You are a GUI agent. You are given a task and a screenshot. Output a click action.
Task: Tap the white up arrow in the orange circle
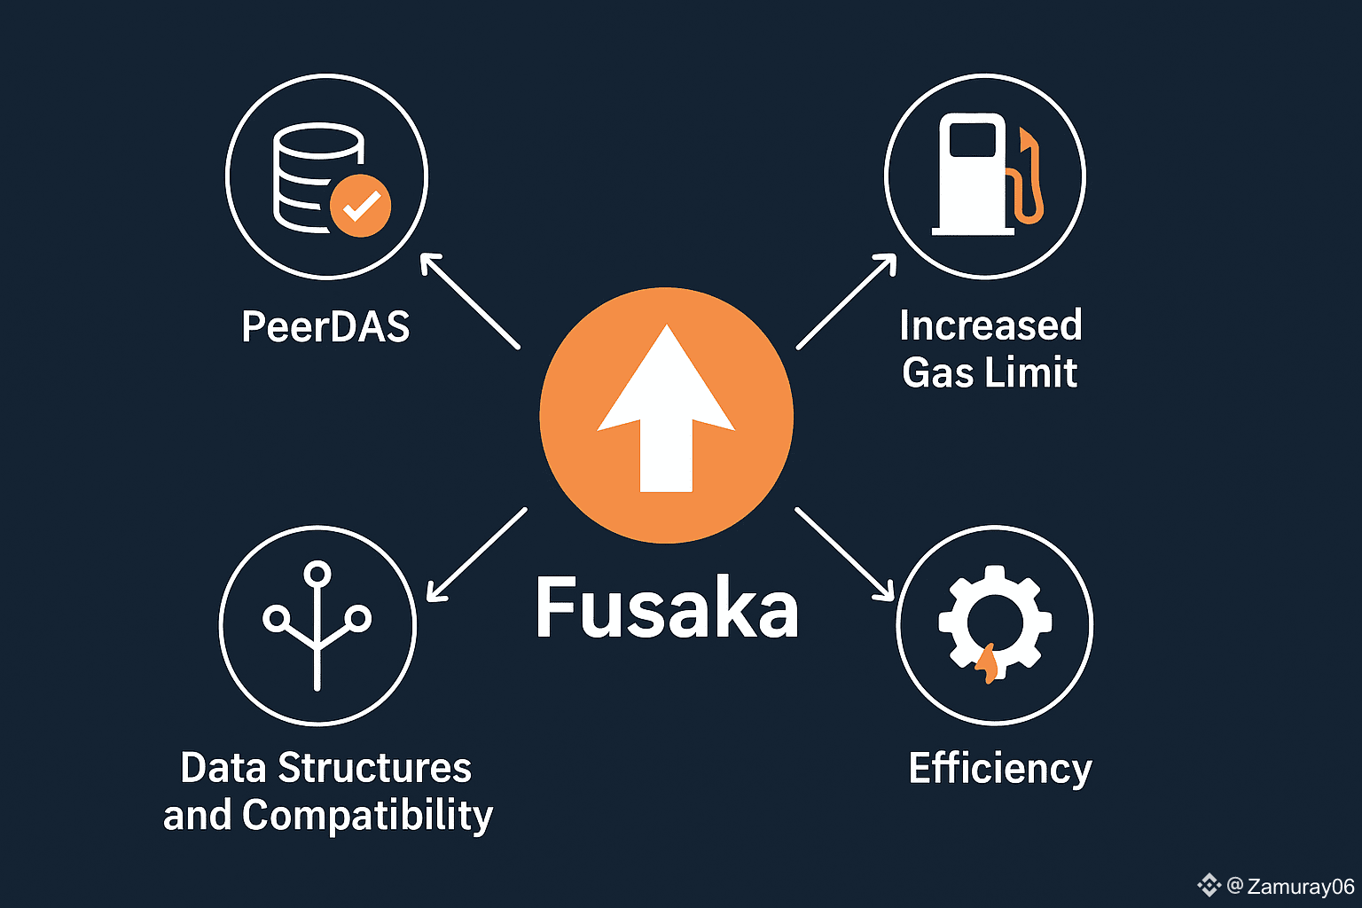666,412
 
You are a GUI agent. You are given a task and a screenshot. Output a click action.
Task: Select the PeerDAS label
325,327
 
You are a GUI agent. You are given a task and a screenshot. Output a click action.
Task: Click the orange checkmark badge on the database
360,206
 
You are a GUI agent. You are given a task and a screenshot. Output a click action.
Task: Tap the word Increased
990,325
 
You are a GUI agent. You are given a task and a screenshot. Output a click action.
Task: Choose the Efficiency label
999,769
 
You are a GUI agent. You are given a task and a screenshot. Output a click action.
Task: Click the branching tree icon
317,624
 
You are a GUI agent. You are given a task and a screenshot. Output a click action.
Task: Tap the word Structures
374,768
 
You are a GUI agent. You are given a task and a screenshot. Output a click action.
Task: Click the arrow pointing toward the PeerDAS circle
469,301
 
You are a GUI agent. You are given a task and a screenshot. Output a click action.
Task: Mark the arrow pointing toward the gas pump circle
846,301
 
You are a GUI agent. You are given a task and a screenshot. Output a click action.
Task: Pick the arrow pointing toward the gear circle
845,554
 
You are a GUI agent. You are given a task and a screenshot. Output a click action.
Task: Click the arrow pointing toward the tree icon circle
476,555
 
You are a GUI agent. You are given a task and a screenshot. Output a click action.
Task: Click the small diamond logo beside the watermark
1209,885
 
